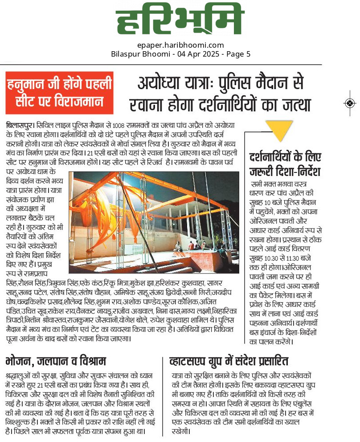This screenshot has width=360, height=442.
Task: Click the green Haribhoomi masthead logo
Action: coord(180,21)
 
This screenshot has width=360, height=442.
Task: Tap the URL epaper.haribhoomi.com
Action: coord(180,45)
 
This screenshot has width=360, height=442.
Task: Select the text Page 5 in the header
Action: coord(238,54)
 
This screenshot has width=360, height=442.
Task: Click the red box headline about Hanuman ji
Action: coord(59,92)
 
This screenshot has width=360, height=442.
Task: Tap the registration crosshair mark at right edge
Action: coord(350,103)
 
